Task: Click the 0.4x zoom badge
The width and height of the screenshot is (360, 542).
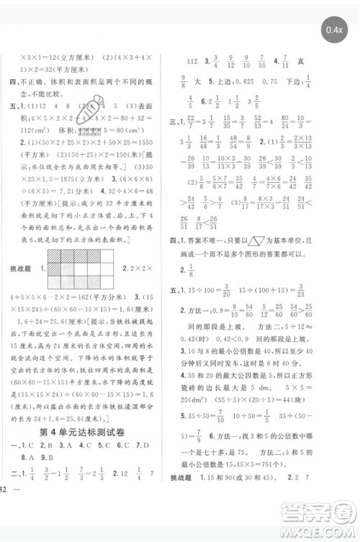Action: [333, 30]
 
